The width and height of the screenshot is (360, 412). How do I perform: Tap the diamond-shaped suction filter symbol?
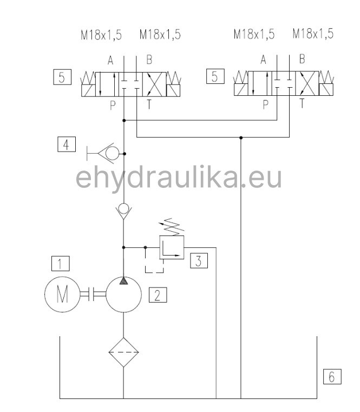pyautogui.click(x=123, y=352)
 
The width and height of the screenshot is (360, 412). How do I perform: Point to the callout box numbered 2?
pyautogui.click(x=158, y=295)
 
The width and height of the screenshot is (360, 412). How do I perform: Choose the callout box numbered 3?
pyautogui.click(x=199, y=261)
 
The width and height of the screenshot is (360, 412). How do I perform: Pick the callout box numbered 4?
pyautogui.click(x=66, y=145)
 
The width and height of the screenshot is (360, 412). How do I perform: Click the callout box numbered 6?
pyautogui.click(x=332, y=376)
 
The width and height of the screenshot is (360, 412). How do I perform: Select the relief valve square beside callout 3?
pyautogui.click(x=172, y=247)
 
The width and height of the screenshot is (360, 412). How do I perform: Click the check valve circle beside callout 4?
pyautogui.click(x=113, y=154)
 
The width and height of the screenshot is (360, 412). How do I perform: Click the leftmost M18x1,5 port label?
pyautogui.click(x=101, y=35)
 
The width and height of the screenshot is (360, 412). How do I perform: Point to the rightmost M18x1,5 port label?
pyautogui.click(x=312, y=34)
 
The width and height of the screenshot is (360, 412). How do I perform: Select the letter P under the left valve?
pyautogui.click(x=113, y=106)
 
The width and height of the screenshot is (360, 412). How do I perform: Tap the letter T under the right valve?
pyautogui.click(x=302, y=102)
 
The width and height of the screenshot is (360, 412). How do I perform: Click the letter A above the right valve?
pyautogui.click(x=264, y=60)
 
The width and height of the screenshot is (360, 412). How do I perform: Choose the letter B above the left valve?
pyautogui.click(x=150, y=60)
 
